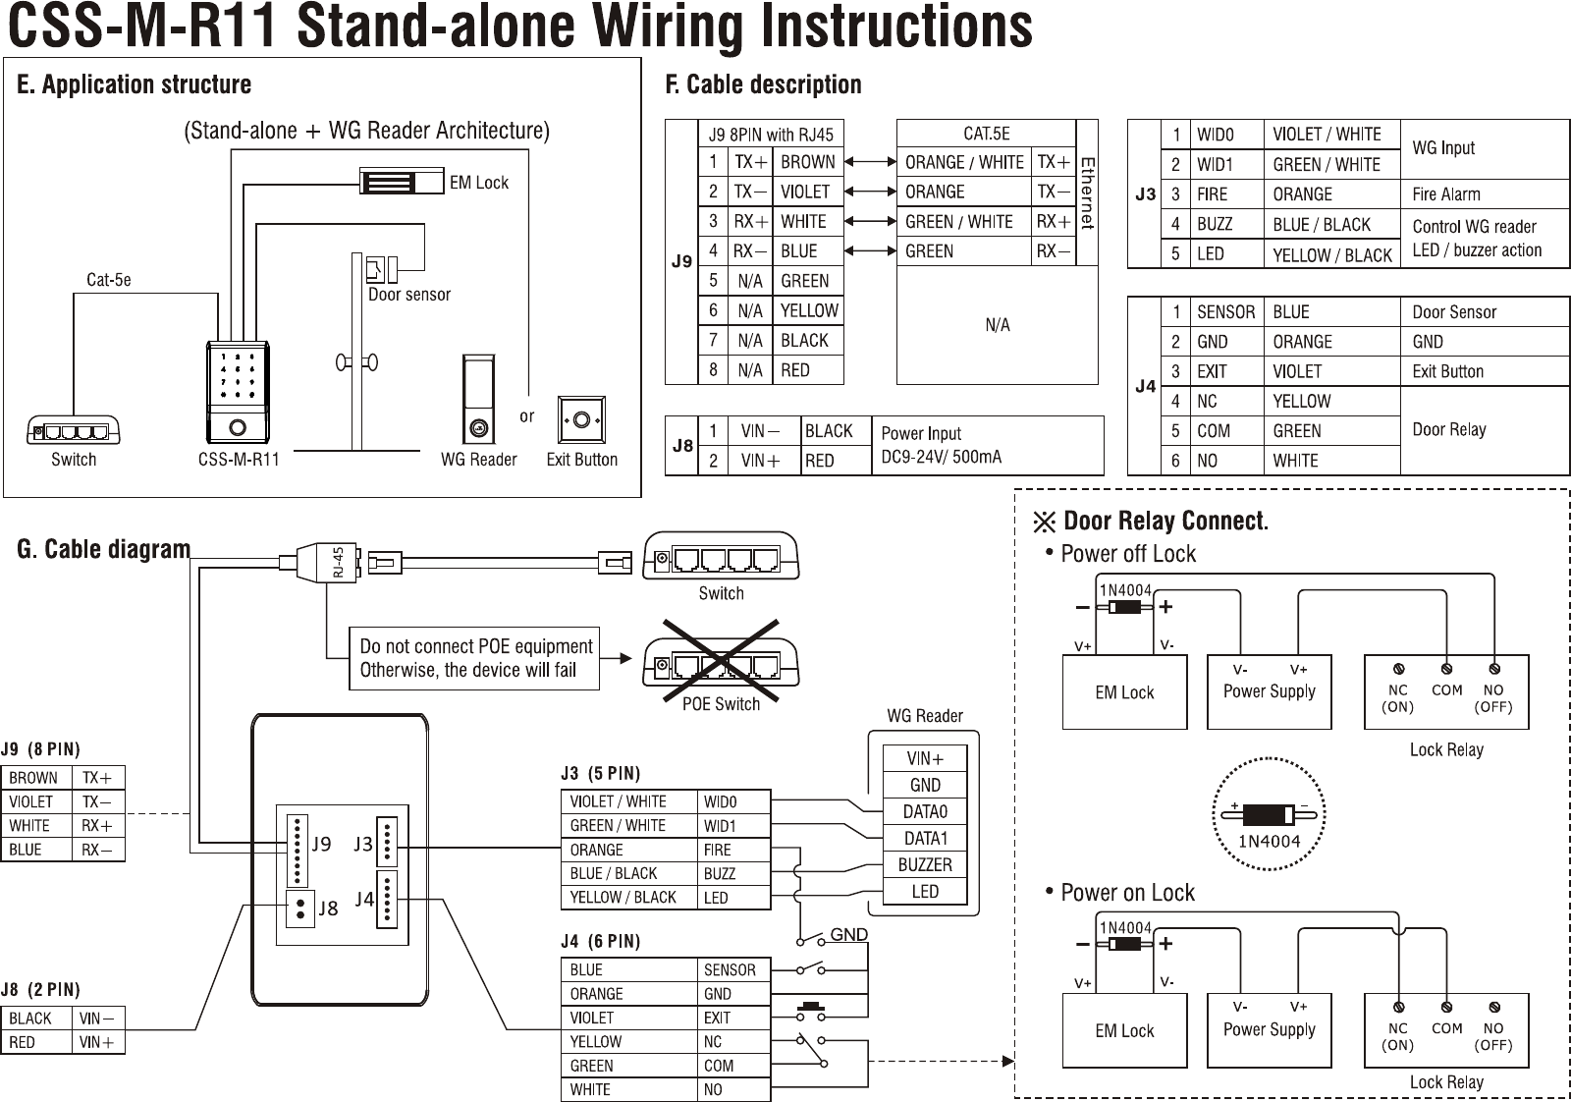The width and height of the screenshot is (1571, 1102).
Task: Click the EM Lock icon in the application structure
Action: pyautogui.click(x=402, y=183)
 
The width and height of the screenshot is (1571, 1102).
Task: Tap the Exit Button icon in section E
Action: pyautogui.click(x=581, y=420)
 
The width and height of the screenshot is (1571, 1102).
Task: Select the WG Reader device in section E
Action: pyautogui.click(x=478, y=400)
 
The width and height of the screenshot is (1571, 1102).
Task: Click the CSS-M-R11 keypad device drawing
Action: pyautogui.click(x=239, y=391)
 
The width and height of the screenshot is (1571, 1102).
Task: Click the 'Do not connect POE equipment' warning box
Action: pyautogui.click(x=474, y=658)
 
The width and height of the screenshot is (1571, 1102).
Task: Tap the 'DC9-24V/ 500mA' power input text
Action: pyautogui.click(x=942, y=457)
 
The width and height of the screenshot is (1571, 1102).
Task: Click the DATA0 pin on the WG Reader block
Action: pyautogui.click(x=925, y=812)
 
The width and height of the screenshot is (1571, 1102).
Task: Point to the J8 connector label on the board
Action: pyautogui.click(x=328, y=909)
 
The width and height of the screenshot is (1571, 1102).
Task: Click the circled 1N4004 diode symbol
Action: pyautogui.click(x=1269, y=816)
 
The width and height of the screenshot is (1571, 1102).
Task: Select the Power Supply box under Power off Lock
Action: pyautogui.click(x=1269, y=691)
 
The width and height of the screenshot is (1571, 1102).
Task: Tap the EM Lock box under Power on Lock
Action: pyautogui.click(x=1124, y=1030)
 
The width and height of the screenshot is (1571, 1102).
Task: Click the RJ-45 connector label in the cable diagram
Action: pyautogui.click(x=338, y=563)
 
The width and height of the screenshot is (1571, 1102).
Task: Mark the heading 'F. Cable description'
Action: pyautogui.click(x=763, y=84)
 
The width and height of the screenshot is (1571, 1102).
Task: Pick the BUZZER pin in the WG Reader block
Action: pyautogui.click(x=925, y=865)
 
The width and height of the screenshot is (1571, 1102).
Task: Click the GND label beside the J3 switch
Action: pyautogui.click(x=849, y=934)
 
